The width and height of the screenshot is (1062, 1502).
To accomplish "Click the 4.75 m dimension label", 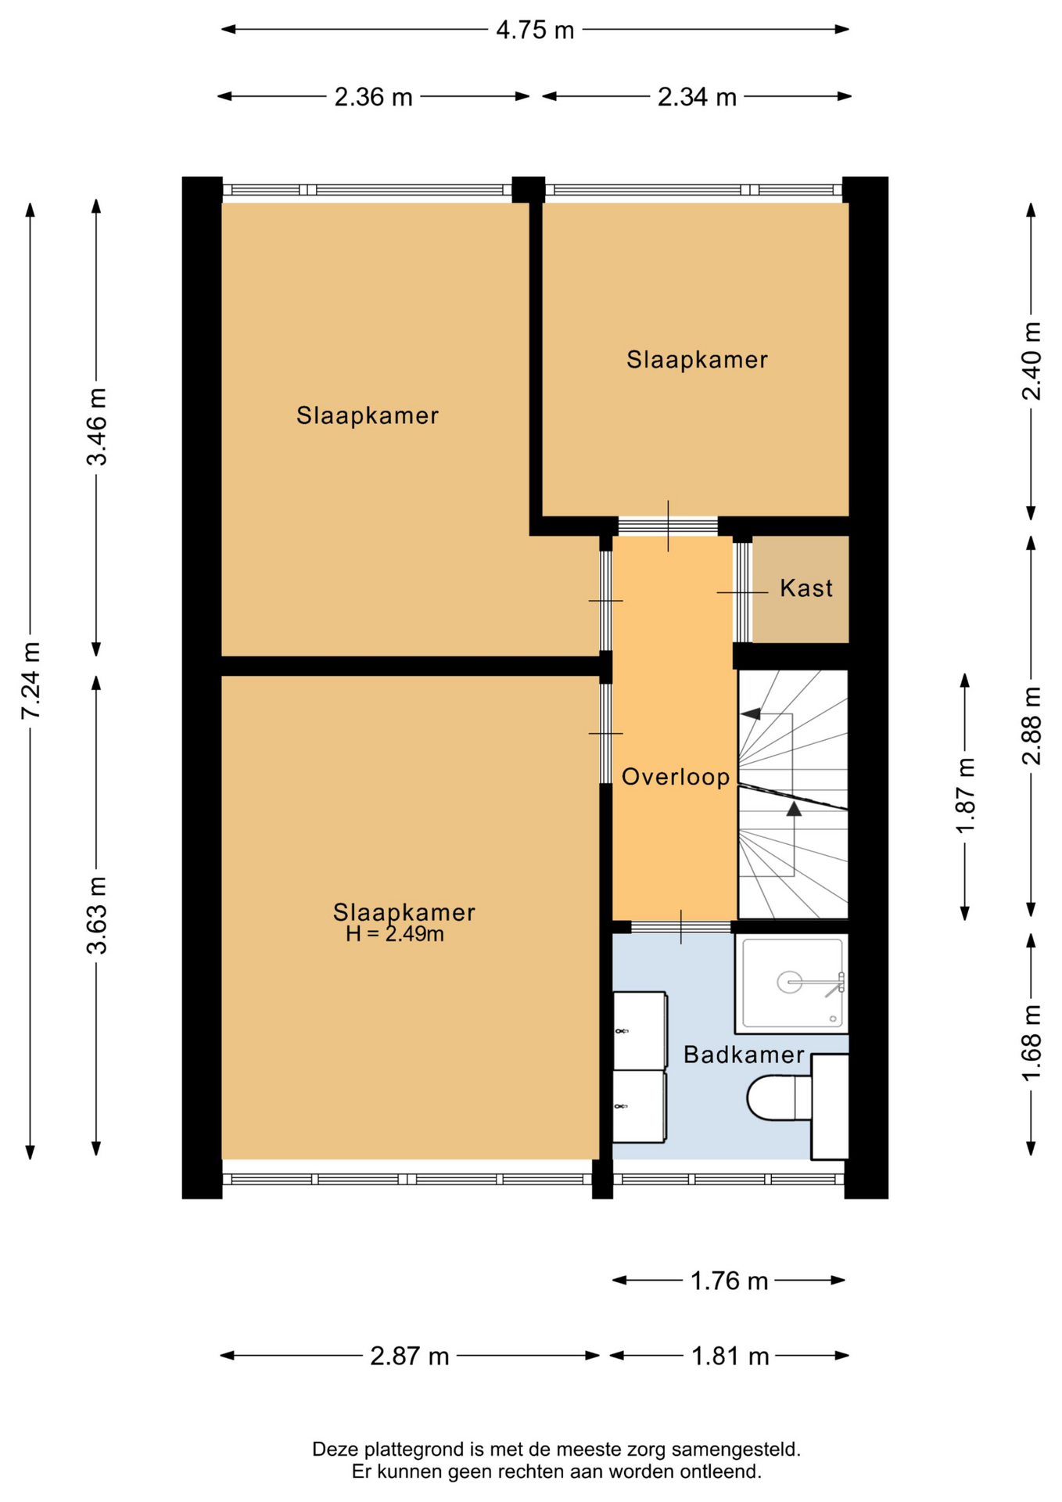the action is coord(535,31).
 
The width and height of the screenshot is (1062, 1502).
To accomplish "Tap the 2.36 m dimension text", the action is coord(373,97).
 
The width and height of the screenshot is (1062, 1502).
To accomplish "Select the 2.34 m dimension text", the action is coord(697,97).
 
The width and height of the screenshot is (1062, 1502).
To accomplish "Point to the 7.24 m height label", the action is coord(30,681).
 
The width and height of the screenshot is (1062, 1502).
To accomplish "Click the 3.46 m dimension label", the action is coord(97,426).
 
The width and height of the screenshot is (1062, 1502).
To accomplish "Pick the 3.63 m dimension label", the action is coord(97,915).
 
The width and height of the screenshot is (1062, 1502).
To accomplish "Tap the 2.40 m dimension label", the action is coord(1032,361).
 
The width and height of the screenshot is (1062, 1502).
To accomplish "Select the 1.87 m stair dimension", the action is coord(966,796).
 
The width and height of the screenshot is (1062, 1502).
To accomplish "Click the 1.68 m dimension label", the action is coord(1032,1043).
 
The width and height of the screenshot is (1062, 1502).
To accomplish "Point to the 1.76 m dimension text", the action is coord(729,1281).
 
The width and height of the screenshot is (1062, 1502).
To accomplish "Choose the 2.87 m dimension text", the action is coord(409,1356).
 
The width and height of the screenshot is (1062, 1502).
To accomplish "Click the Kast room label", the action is coord(806,588).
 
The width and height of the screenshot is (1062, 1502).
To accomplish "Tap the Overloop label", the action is coord(676,777).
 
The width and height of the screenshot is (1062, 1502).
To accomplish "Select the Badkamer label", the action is coord(744,1055).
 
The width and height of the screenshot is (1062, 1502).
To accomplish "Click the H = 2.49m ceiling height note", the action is coord(395,934).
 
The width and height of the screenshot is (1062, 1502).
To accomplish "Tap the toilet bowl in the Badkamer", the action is coord(771,1098).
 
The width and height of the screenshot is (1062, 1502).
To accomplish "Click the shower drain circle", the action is coord(789,982).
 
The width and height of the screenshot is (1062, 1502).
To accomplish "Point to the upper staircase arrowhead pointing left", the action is coord(751,714).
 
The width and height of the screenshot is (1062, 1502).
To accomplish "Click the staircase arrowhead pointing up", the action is coord(794,809).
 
